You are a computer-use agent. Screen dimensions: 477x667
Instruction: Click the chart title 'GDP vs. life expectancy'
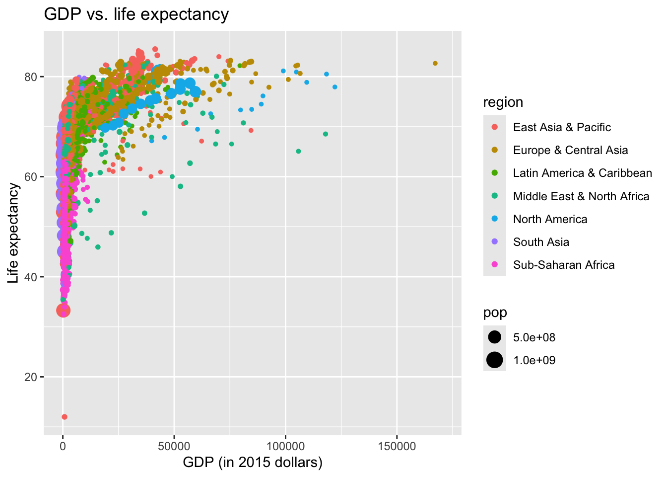pos(136,14)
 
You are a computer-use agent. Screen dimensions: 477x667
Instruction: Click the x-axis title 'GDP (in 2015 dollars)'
pos(253,463)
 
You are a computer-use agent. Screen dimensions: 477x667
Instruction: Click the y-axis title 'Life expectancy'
pos(13,233)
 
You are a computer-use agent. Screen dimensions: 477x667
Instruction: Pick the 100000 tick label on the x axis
pos(286,446)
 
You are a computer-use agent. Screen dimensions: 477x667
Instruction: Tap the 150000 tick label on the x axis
pos(397,446)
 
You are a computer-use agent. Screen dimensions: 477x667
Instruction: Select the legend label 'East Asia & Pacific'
pos(562,127)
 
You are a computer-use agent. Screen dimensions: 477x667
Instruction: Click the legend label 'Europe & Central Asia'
pos(570,150)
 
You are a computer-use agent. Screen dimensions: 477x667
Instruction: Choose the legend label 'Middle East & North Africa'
pos(581,196)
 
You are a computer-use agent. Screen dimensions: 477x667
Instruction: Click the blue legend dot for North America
pos(495,219)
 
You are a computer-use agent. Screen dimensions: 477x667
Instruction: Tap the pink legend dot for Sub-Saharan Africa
pos(495,265)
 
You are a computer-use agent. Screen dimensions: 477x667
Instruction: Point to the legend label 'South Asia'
pos(541,242)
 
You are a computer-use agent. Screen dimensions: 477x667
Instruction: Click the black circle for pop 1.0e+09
pos(495,360)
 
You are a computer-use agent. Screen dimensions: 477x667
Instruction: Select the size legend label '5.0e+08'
pos(534,337)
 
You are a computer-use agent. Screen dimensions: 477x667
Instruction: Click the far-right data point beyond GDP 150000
pos(435,63)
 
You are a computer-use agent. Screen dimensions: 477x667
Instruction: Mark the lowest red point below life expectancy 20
pos(64,417)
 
